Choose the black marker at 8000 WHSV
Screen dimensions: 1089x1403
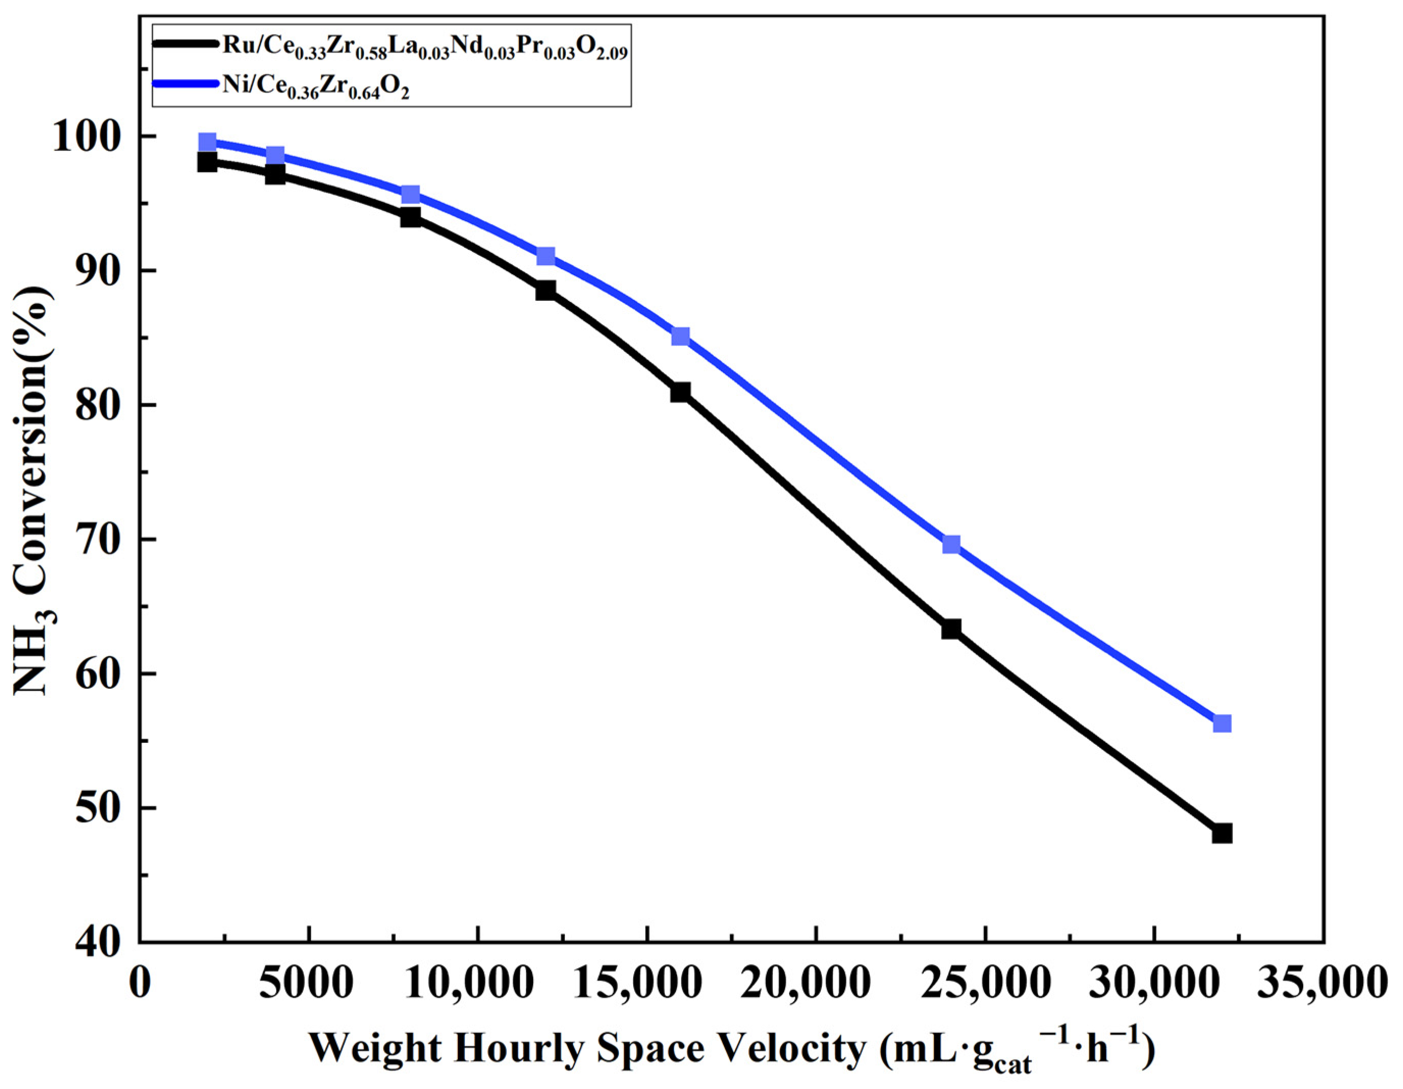point(410,218)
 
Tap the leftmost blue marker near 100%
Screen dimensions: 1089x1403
point(207,142)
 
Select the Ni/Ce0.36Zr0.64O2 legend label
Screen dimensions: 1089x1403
point(316,87)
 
